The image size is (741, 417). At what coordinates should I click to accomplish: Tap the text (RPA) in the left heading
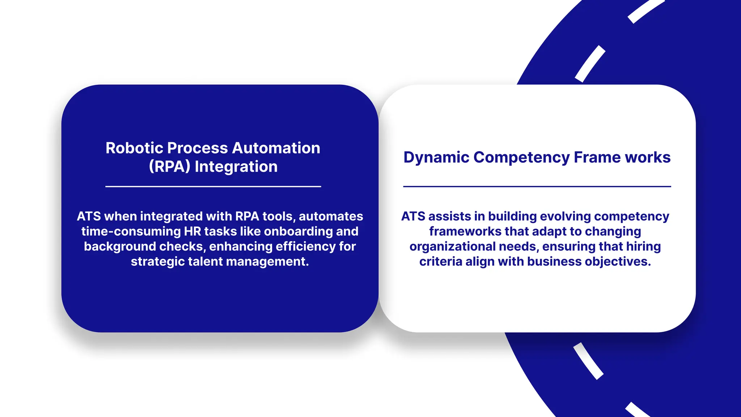169,167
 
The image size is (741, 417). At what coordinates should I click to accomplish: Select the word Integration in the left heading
236,167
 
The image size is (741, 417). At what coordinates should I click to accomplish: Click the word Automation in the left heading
276,148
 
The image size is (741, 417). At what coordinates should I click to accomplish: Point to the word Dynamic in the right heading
436,157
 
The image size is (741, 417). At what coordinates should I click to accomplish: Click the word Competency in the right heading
521,157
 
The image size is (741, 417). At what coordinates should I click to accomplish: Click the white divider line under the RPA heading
213,186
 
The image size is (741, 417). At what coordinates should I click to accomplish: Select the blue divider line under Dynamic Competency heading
537,186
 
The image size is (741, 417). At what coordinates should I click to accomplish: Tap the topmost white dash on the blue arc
645,10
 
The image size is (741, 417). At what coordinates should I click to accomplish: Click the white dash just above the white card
590,64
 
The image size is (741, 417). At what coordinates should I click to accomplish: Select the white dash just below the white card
588,361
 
